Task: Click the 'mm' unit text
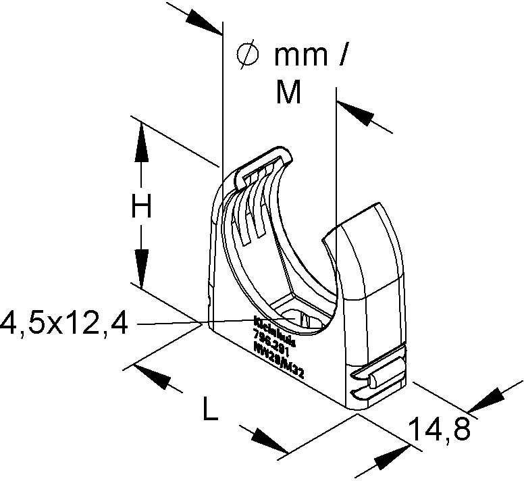click(x=301, y=56)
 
